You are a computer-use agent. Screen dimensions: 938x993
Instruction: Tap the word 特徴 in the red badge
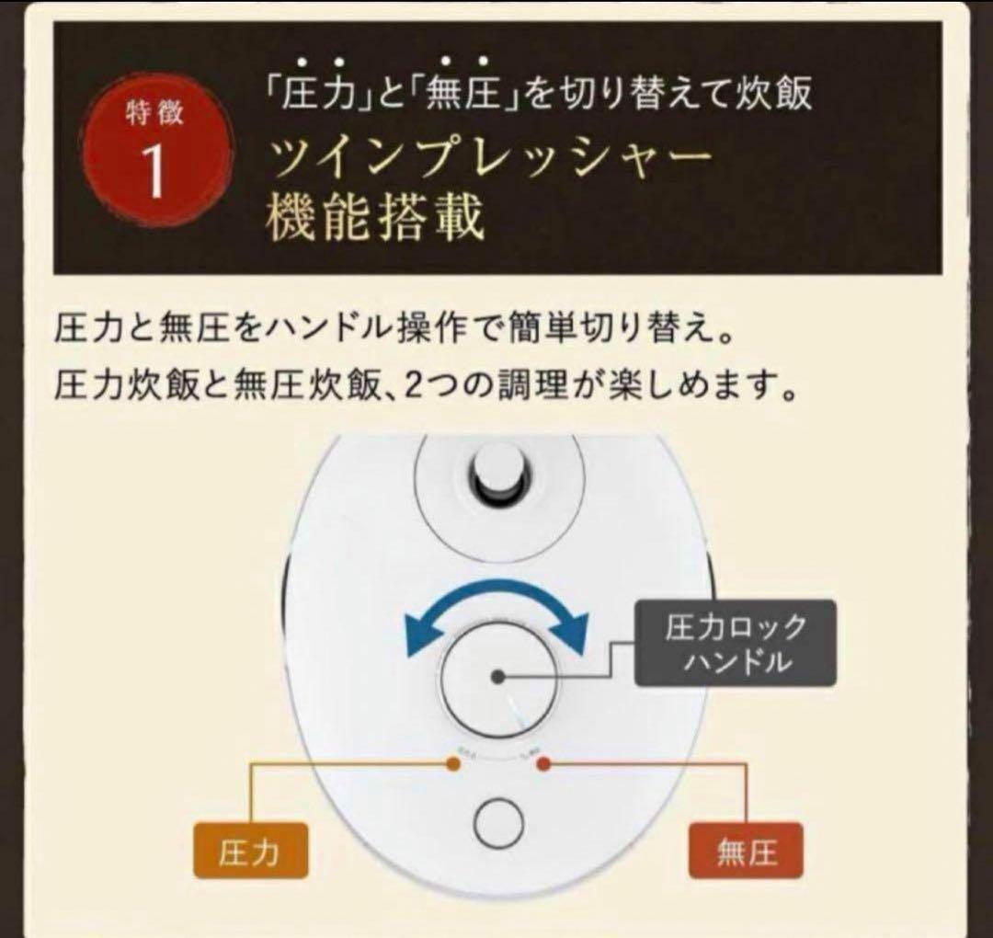(x=154, y=115)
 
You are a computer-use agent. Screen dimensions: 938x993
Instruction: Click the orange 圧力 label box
(x=250, y=852)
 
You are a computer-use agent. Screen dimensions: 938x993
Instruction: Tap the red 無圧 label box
(x=746, y=852)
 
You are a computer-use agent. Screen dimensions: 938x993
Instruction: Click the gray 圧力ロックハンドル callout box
(x=735, y=644)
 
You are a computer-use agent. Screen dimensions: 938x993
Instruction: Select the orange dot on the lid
(x=451, y=763)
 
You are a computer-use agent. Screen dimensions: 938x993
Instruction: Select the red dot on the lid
(x=542, y=763)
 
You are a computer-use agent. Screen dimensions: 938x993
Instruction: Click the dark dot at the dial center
(x=497, y=677)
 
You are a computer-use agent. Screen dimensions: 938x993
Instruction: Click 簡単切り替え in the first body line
(x=599, y=329)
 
